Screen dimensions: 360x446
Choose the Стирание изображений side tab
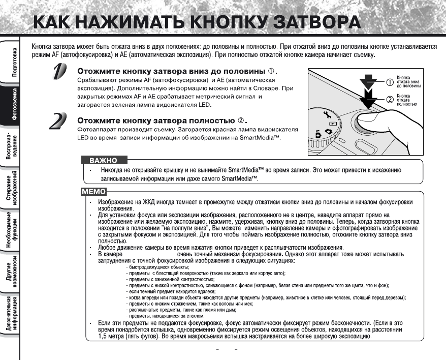tap(11, 189)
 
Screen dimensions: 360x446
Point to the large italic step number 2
tap(59, 121)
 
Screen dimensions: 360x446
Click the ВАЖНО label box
tap(103, 161)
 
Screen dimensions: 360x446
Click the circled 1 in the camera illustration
tap(390, 81)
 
